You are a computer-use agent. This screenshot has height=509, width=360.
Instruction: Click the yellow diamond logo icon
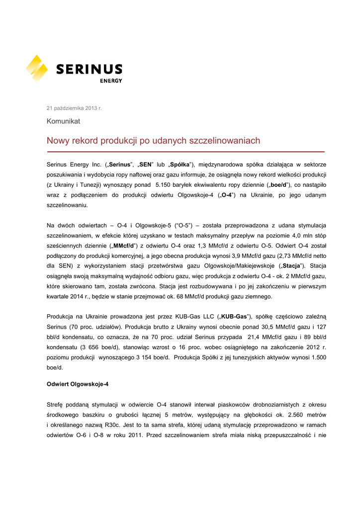click(x=37, y=69)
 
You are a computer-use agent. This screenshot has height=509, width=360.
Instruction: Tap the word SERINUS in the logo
click(x=89, y=69)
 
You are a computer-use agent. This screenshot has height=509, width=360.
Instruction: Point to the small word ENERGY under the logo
click(x=111, y=81)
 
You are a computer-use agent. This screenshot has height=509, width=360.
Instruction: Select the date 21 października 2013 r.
click(x=74, y=108)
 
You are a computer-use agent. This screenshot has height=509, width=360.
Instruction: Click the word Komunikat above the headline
click(x=63, y=121)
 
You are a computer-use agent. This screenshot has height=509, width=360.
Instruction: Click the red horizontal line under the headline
click(x=185, y=152)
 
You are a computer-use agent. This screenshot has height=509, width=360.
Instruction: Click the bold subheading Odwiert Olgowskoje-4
click(x=78, y=384)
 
